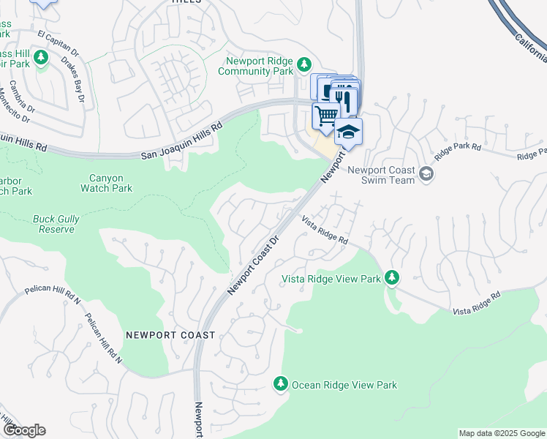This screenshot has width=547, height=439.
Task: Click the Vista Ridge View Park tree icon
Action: pyautogui.click(x=393, y=277)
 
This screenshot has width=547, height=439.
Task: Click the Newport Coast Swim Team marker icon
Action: pyautogui.click(x=427, y=174)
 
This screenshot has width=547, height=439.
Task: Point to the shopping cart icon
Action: pyautogui.click(x=326, y=115)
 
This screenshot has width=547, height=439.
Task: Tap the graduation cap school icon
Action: pyautogui.click(x=348, y=132)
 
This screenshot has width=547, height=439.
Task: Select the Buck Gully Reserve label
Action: pyautogui.click(x=53, y=224)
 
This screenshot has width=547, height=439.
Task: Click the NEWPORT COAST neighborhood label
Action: pyautogui.click(x=170, y=334)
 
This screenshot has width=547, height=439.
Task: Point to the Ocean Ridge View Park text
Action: pyautogui.click(x=344, y=384)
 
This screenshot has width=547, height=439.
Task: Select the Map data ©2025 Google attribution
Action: pyautogui.click(x=502, y=433)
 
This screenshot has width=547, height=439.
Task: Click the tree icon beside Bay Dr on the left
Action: pyautogui.click(x=42, y=57)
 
